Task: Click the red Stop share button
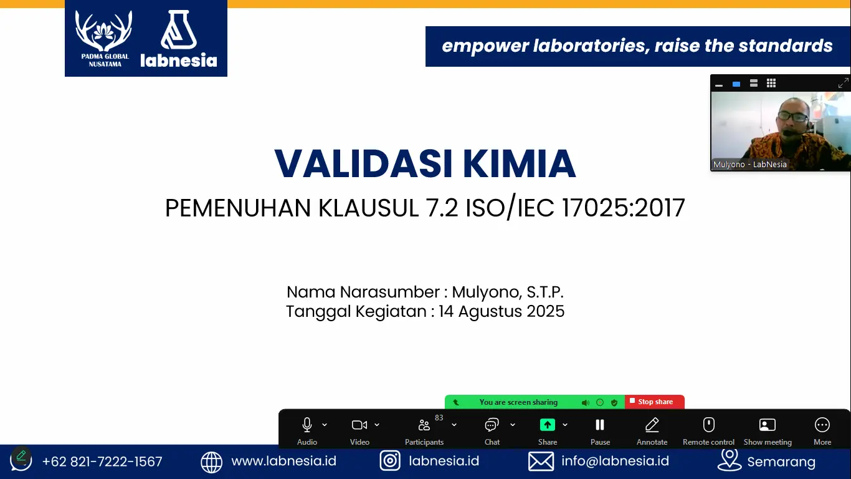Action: click(x=654, y=402)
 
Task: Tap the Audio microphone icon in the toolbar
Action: click(x=307, y=425)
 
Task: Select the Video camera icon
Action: click(x=359, y=425)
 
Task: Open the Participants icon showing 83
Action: click(x=424, y=425)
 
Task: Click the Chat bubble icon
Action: click(x=492, y=425)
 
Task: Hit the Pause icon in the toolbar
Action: click(x=600, y=425)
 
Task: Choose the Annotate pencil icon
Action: click(x=652, y=425)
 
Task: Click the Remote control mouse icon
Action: click(x=708, y=425)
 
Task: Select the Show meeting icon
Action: click(x=768, y=425)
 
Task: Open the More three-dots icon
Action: click(x=822, y=425)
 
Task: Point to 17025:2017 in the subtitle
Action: click(x=623, y=208)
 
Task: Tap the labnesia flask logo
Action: click(x=178, y=31)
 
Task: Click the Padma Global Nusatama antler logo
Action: click(x=105, y=31)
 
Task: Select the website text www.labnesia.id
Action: click(x=283, y=461)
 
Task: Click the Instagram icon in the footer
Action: click(x=390, y=461)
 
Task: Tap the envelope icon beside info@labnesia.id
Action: click(x=541, y=462)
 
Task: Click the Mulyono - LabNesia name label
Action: click(x=750, y=165)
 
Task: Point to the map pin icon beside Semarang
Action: click(x=729, y=460)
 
